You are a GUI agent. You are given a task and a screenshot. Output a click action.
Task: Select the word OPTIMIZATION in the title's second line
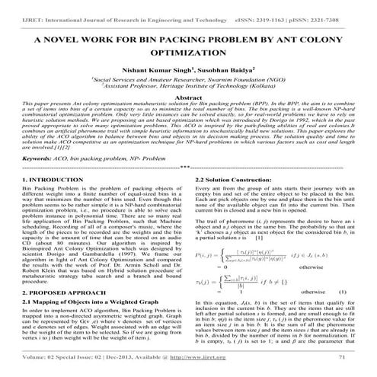tap(188, 56)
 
